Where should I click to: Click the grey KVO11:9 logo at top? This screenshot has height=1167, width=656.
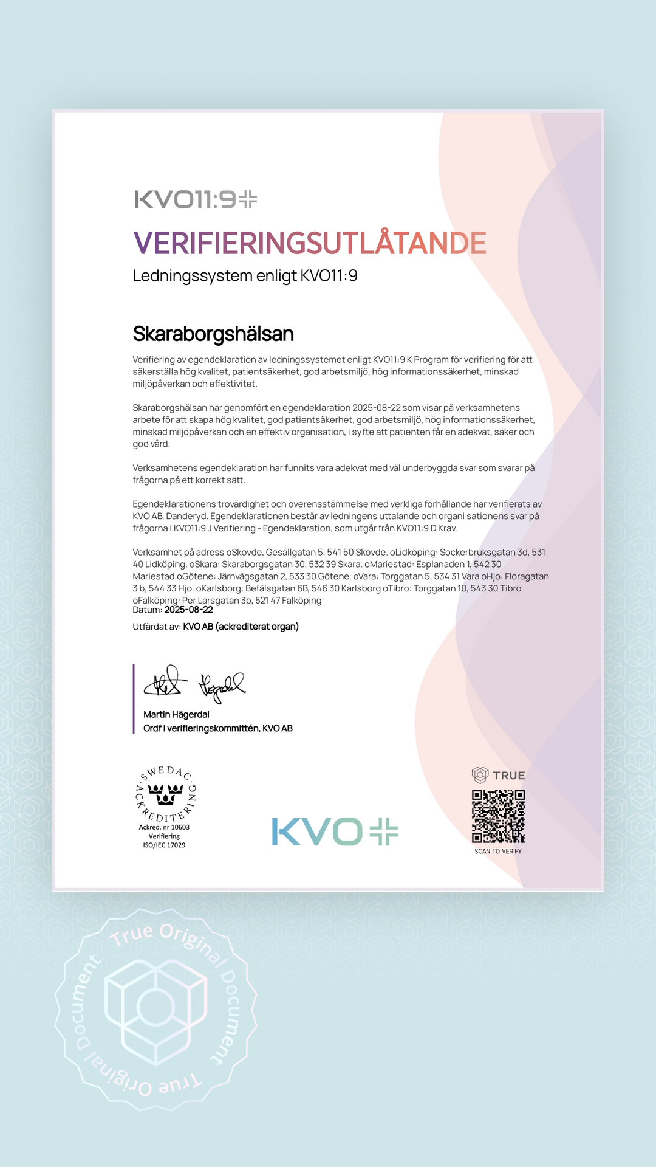coord(196,199)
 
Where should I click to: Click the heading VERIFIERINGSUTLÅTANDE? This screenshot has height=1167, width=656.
coord(310,243)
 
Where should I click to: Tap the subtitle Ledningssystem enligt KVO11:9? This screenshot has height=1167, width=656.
coord(245,276)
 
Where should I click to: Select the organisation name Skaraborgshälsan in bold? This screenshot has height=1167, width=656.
coord(213,334)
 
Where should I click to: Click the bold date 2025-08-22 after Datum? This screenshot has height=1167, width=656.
coord(188,610)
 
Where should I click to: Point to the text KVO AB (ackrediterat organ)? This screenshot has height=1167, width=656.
coord(241,627)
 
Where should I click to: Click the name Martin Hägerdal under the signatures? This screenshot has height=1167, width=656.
coord(176,714)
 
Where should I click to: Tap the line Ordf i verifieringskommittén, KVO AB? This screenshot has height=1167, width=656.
coord(217,728)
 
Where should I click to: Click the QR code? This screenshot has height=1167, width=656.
coord(498,816)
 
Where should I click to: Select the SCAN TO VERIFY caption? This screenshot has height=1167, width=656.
coord(498,851)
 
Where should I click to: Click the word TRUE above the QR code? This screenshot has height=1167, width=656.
coord(509,776)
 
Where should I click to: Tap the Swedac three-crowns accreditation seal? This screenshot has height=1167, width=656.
coord(165,794)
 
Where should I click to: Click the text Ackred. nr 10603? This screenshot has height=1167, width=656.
coord(164,827)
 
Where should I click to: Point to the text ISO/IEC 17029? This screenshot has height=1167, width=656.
coord(164,845)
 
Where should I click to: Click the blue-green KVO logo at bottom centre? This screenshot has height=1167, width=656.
coord(335,831)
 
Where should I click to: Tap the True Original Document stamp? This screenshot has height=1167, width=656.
coord(155,1009)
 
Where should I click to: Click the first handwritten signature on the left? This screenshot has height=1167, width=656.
coord(162,682)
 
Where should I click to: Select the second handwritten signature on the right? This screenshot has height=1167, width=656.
coord(221,686)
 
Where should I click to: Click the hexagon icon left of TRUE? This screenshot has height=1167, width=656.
coord(480,775)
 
